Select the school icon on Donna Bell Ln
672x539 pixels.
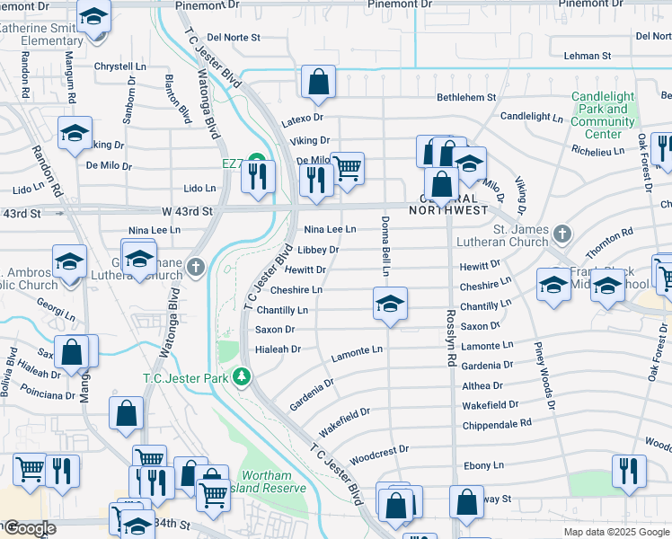(390, 305)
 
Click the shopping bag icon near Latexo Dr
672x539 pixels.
(318, 83)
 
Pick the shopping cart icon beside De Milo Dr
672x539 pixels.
(347, 168)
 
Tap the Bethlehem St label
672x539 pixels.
(466, 97)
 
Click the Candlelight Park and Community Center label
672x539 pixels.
(602, 115)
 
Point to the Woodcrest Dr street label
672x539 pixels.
(379, 449)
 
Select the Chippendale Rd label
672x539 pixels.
(497, 421)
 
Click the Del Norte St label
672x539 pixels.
(233, 38)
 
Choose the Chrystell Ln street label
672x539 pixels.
(119, 66)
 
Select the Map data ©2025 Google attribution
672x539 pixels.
(615, 531)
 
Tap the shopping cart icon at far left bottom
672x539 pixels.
(31, 470)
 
